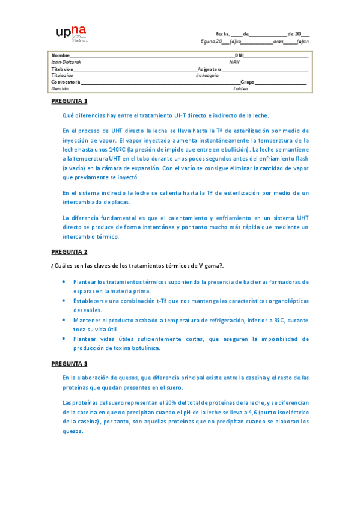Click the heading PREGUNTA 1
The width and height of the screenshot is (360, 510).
point(69,100)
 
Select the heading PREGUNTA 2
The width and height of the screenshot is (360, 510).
point(69,251)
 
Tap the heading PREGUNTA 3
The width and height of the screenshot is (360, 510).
point(69,363)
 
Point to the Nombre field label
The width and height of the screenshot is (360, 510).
point(61,55)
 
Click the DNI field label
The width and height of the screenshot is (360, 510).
point(239,55)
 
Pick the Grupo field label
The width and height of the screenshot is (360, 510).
point(247,82)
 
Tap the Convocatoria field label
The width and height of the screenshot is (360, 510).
point(66,82)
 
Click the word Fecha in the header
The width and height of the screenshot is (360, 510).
point(222,34)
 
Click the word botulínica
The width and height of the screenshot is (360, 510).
point(147,348)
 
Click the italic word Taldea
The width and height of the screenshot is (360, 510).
point(240,88)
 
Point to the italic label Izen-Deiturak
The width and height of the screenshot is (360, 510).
point(66,61)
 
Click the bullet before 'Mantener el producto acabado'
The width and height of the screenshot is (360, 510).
point(65,321)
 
